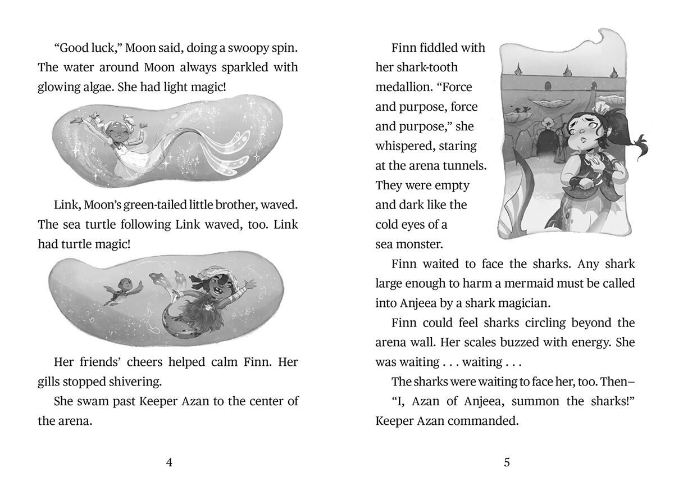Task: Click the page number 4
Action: click(169, 462)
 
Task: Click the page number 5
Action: click(507, 462)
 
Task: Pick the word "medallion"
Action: click(403, 87)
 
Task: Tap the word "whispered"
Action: click(406, 146)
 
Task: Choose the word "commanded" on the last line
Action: click(487, 421)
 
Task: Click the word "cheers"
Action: click(151, 362)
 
